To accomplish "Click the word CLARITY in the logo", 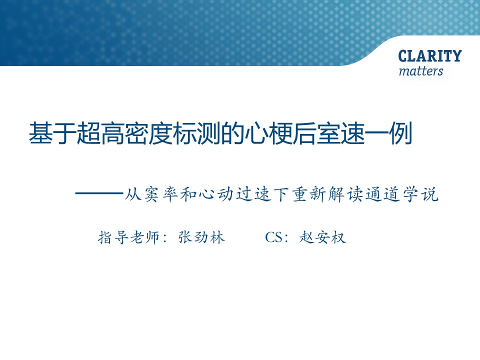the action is click(x=430, y=56).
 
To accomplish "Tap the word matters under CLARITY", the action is click(x=421, y=71).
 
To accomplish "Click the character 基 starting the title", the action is click(x=40, y=133).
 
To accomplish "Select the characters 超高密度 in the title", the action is click(x=124, y=133).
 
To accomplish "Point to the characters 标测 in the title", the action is click(x=197, y=133).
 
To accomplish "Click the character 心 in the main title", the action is click(x=256, y=133).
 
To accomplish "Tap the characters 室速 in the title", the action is click(x=340, y=133).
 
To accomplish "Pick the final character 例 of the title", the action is click(x=400, y=133).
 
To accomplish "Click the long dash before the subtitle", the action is click(x=99, y=193).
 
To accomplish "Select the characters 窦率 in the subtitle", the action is click(x=161, y=194).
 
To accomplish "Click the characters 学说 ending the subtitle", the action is click(x=420, y=194).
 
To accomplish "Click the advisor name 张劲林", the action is click(x=201, y=237).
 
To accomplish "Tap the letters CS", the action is click(x=274, y=237).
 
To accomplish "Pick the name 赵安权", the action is click(x=322, y=237).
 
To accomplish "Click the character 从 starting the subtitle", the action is click(x=133, y=194).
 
